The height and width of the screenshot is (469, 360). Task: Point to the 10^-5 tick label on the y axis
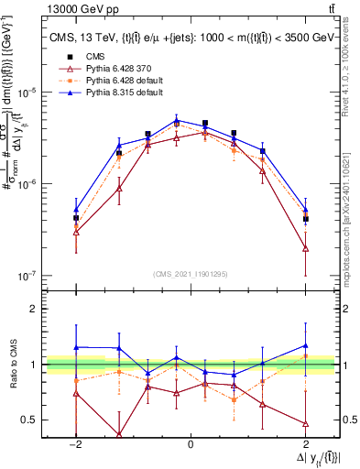tap(30, 93)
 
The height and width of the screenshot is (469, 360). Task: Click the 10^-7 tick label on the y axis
tap(30, 275)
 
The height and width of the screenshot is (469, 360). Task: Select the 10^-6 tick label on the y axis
tap(30, 184)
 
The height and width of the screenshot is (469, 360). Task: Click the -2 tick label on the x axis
tap(75, 444)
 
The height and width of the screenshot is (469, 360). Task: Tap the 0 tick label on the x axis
tap(191, 444)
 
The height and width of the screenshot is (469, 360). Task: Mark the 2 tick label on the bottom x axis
tap(305, 444)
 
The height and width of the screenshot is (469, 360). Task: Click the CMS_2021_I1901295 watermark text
tap(191, 274)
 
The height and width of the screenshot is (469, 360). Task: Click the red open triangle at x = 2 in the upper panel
tap(305, 248)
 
